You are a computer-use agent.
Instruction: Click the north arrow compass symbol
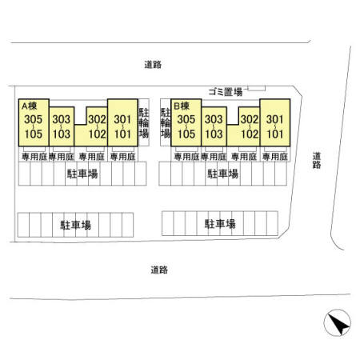337,322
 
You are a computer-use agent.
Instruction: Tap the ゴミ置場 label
226,92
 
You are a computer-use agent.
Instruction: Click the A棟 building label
30,106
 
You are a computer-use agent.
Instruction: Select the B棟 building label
182,106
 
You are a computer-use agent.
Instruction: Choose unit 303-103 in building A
62,126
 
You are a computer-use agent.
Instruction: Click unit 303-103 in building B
214,126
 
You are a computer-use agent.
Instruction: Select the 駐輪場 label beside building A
144,122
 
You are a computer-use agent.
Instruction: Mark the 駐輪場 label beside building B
166,122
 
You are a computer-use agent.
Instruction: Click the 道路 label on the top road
153,65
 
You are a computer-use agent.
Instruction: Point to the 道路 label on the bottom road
159,270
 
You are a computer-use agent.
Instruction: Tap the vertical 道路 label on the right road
317,160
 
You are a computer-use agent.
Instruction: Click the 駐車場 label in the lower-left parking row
76,225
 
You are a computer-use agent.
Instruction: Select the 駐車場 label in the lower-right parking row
220,224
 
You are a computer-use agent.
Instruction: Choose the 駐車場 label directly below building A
82,174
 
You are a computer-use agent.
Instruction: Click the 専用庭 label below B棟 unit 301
275,157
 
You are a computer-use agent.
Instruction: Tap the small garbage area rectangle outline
257,88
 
